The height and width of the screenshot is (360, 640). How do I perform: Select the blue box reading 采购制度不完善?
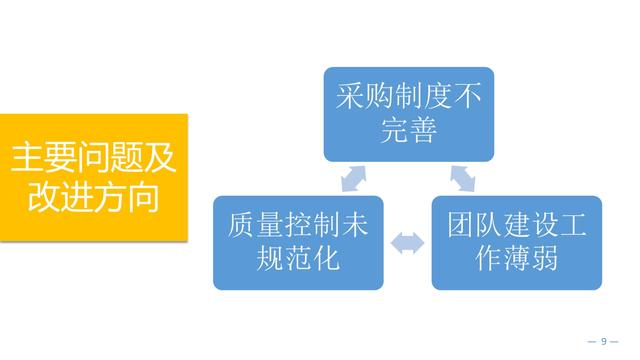(408, 113)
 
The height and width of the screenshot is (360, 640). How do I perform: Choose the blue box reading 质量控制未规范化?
(298, 243)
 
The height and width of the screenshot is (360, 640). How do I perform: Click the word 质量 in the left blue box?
(250, 226)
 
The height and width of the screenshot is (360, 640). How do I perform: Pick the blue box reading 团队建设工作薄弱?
(517, 243)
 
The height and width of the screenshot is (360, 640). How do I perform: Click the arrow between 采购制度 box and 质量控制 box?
(352, 178)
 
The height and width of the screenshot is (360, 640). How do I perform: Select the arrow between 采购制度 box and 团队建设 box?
(463, 178)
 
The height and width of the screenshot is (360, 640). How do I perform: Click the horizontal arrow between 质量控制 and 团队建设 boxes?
(408, 242)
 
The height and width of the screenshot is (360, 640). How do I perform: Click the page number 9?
(604, 341)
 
